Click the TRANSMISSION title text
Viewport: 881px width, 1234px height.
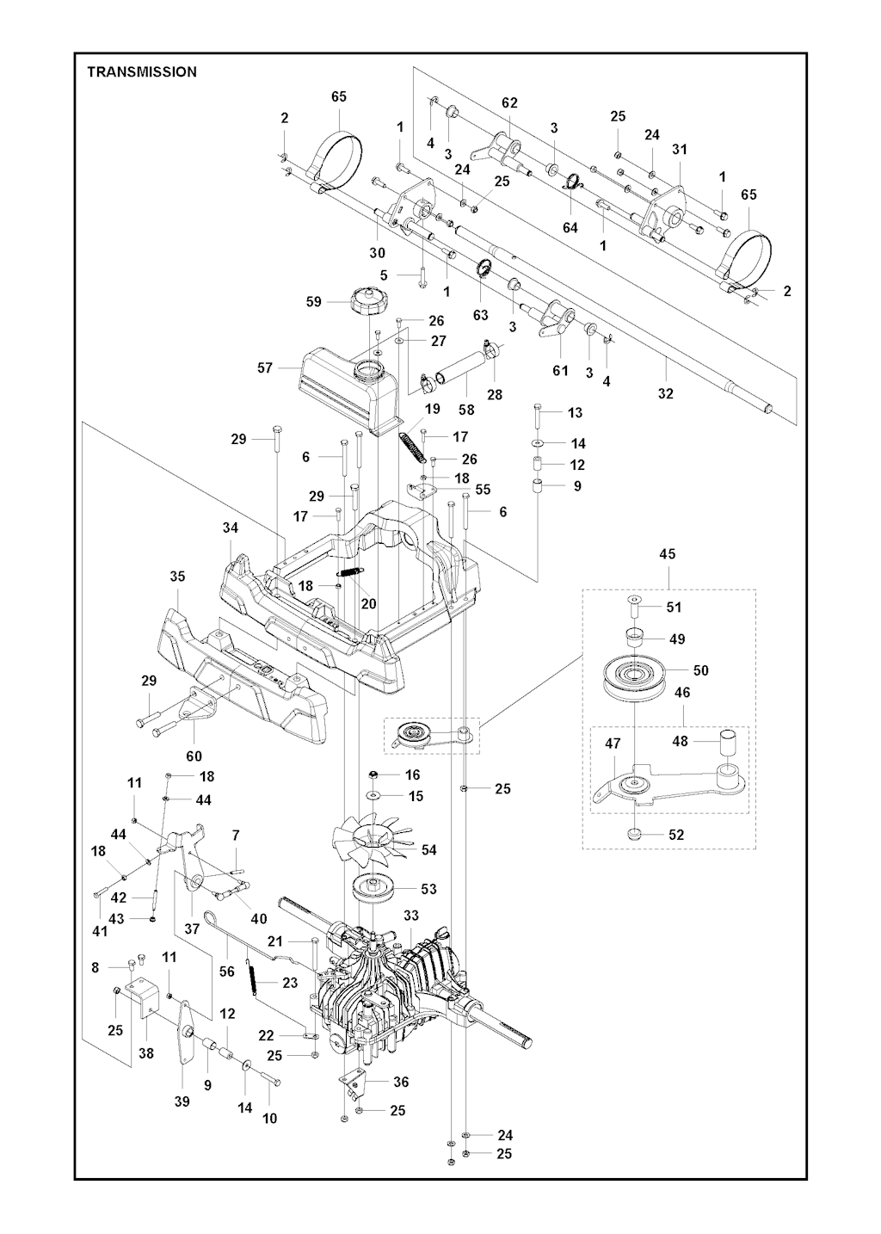tap(142, 72)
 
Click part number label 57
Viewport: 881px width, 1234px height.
tap(264, 367)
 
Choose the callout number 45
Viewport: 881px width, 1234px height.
tap(668, 554)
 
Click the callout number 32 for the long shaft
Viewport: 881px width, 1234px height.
tap(665, 393)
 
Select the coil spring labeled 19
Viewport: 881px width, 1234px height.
tap(412, 446)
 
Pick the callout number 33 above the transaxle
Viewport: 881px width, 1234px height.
tap(410, 916)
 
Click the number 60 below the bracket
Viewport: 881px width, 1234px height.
tap(194, 756)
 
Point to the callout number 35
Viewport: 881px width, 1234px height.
tap(177, 576)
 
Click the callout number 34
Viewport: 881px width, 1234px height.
tap(231, 528)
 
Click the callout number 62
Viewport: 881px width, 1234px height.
tap(509, 102)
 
